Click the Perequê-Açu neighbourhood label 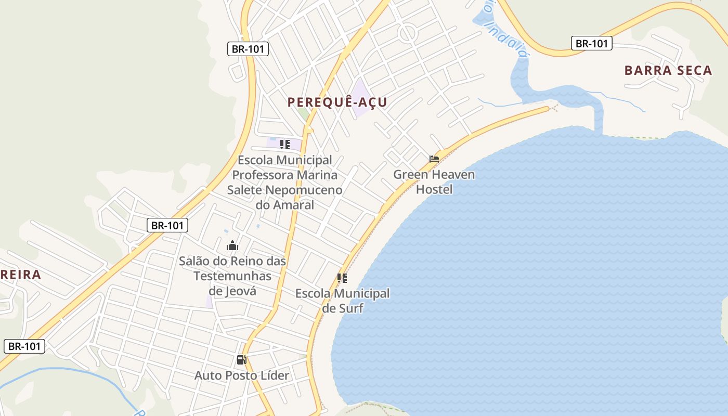337,102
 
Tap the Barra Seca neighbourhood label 668,71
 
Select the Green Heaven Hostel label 434,181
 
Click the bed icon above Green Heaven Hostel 434,159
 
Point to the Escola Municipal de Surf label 342,301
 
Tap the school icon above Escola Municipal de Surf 342,278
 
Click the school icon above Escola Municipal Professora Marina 284,144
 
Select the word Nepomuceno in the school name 304,190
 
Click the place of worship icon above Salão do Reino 232,245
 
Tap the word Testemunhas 232,276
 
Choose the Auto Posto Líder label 242,375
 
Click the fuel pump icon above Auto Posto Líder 241,359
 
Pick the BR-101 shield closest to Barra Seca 591,43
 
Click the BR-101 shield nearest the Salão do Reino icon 167,225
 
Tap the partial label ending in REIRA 20,275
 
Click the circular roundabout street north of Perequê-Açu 408,33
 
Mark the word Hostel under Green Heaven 434,189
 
